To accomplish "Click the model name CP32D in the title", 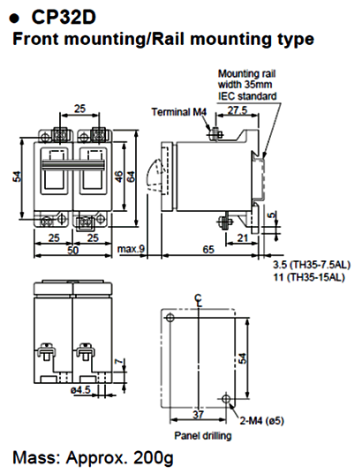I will click(63, 18).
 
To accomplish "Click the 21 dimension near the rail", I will click(241, 237).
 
